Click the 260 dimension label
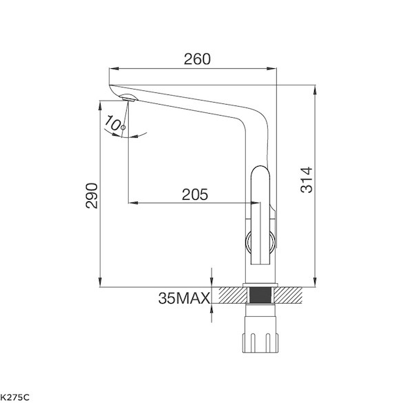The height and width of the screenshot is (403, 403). click(197, 59)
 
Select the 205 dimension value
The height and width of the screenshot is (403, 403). click(195, 194)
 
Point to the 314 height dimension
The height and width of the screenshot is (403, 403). click(307, 180)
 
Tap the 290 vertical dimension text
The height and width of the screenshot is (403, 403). click(92, 196)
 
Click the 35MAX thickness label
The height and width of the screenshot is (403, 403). click(184, 298)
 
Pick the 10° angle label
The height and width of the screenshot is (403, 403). click(115, 123)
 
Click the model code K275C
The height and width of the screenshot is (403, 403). click(15, 397)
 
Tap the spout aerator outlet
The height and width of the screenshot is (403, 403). click(129, 98)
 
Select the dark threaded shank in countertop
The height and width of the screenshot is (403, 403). click(260, 296)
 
